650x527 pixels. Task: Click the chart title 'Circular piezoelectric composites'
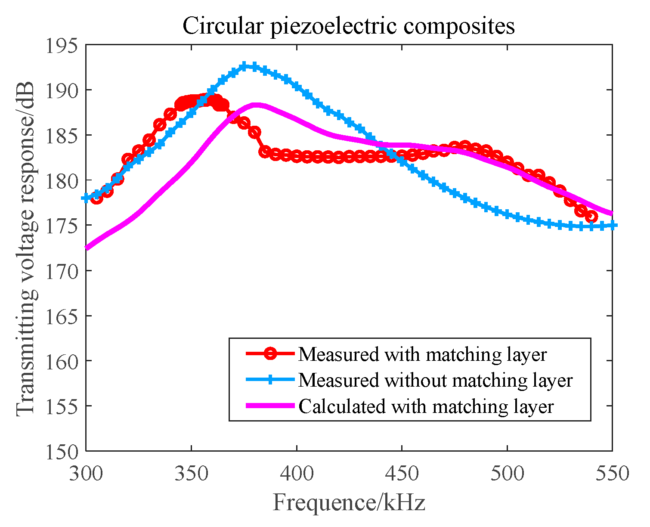pyautogui.click(x=349, y=26)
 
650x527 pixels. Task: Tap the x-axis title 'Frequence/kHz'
pyautogui.click(x=349, y=502)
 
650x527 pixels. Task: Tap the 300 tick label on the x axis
pyautogui.click(x=87, y=473)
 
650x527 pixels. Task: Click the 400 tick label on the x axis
pyautogui.click(x=297, y=473)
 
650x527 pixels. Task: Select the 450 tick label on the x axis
pyautogui.click(x=402, y=473)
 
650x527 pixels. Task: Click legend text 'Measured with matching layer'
pyautogui.click(x=422, y=354)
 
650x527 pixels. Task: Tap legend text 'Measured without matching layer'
pyautogui.click(x=435, y=380)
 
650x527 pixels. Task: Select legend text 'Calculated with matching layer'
pyautogui.click(x=426, y=406)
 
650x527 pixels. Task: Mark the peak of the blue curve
pyautogui.click(x=245, y=66)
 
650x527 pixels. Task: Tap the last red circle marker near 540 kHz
pyautogui.click(x=591, y=217)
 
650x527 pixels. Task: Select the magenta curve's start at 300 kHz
pyautogui.click(x=87, y=248)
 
